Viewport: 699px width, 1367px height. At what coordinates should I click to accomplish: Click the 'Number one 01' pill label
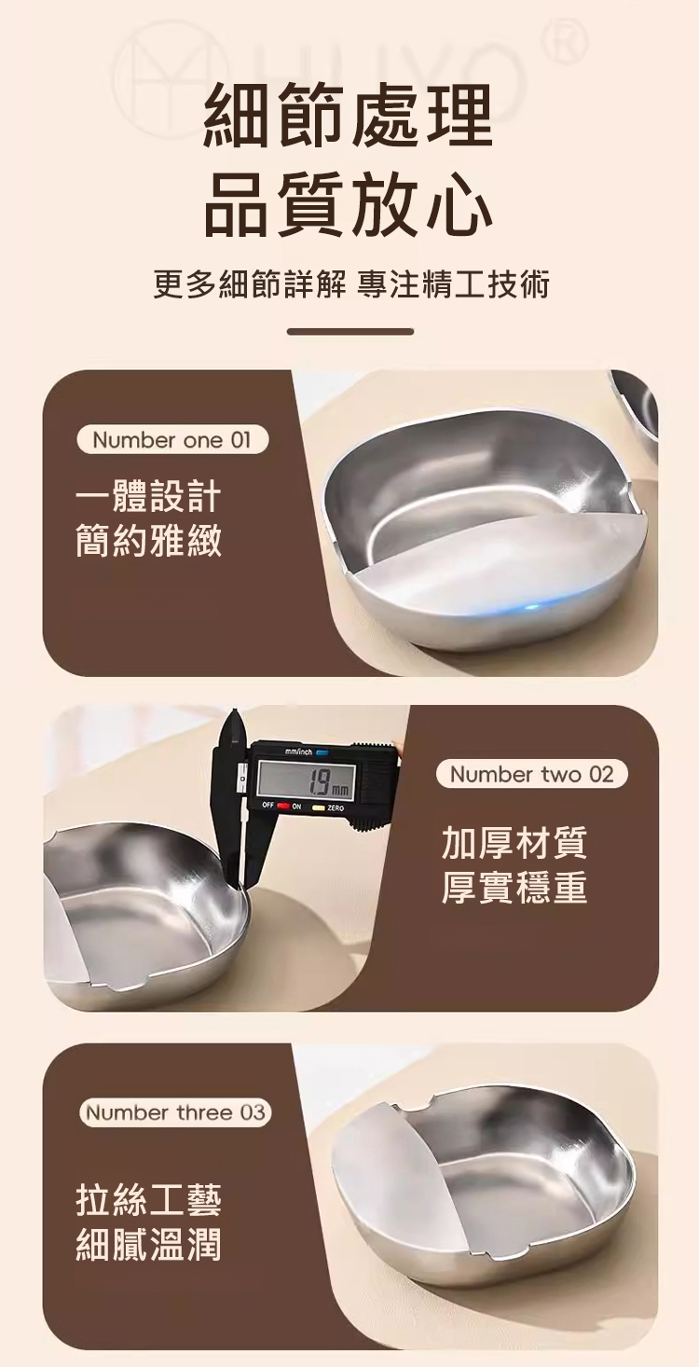pos(172,440)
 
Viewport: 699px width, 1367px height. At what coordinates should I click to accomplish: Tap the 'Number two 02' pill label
pos(532,775)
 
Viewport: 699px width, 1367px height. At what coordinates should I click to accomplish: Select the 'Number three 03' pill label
pos(175,1112)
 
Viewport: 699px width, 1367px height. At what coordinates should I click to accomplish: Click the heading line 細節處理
pos(349,116)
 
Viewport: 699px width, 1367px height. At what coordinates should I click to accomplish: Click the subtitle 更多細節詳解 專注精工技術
pos(351,284)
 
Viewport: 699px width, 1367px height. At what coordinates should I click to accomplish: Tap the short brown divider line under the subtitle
pos(350,331)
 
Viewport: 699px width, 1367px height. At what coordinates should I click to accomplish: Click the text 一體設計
pos(148,497)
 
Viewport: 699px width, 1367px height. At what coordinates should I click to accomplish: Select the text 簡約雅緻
pos(148,542)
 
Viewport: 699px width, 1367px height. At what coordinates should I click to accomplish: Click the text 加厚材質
pos(514,843)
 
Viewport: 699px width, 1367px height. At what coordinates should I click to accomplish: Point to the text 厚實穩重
pos(514,888)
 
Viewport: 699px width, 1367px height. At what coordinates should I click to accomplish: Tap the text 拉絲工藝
pos(148,1200)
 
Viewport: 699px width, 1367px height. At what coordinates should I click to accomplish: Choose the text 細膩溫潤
pos(148,1244)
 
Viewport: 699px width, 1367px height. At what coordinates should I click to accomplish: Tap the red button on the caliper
pos(283,807)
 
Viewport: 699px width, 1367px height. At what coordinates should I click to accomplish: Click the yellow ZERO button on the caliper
pos(319,808)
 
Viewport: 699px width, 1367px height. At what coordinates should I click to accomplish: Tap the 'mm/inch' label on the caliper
pos(298,752)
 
